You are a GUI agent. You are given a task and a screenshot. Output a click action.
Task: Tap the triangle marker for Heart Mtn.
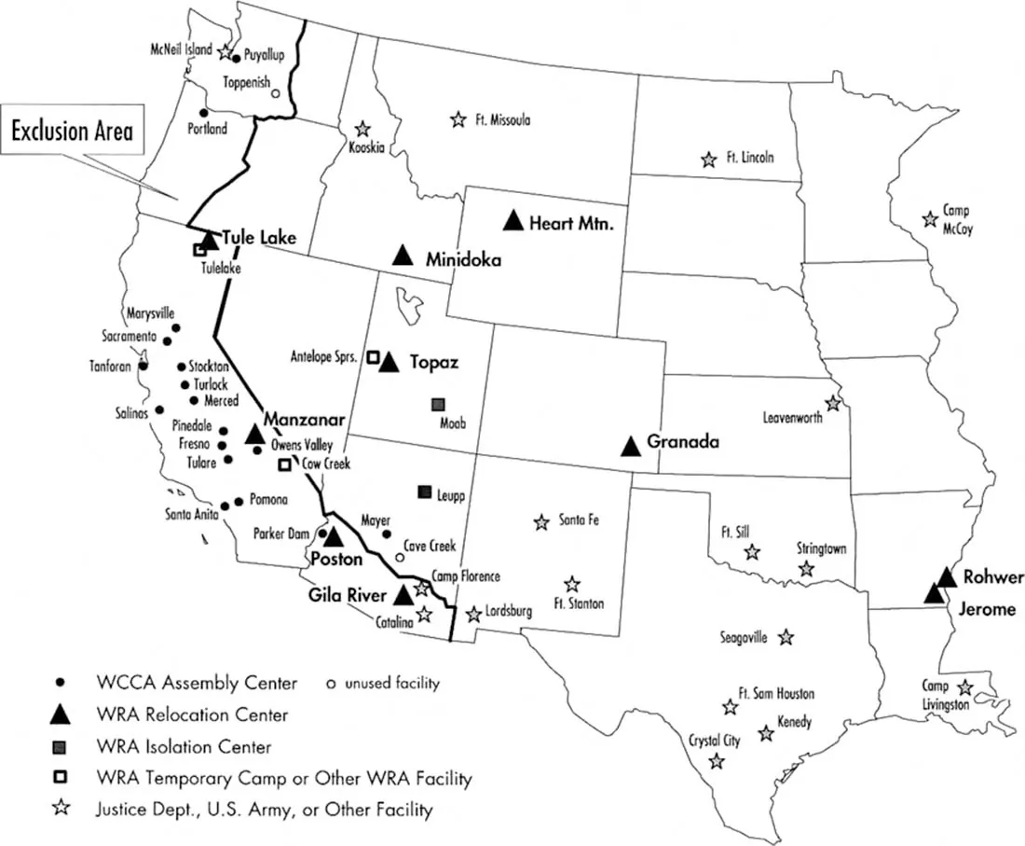point(512,221)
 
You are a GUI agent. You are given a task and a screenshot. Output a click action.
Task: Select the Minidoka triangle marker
point(403,255)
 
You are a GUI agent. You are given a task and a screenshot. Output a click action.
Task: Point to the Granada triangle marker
point(631,446)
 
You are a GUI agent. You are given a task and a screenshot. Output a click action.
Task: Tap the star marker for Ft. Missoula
point(458,119)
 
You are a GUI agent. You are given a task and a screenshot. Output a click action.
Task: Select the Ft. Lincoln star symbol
point(709,159)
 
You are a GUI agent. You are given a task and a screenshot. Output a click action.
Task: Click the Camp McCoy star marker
point(929,219)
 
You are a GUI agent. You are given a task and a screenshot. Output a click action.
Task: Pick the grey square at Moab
point(437,405)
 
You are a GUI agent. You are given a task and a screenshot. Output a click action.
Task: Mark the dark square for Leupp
point(424,492)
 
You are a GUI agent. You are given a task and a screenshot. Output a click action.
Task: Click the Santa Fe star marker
point(540,522)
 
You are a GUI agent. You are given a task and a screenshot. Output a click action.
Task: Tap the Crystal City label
point(715,741)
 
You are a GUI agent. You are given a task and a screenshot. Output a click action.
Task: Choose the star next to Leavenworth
point(832,404)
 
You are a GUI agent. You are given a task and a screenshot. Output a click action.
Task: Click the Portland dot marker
point(204,113)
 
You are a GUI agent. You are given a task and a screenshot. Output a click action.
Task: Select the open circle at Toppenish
point(275,93)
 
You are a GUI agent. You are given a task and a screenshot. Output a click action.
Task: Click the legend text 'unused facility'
point(391,684)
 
